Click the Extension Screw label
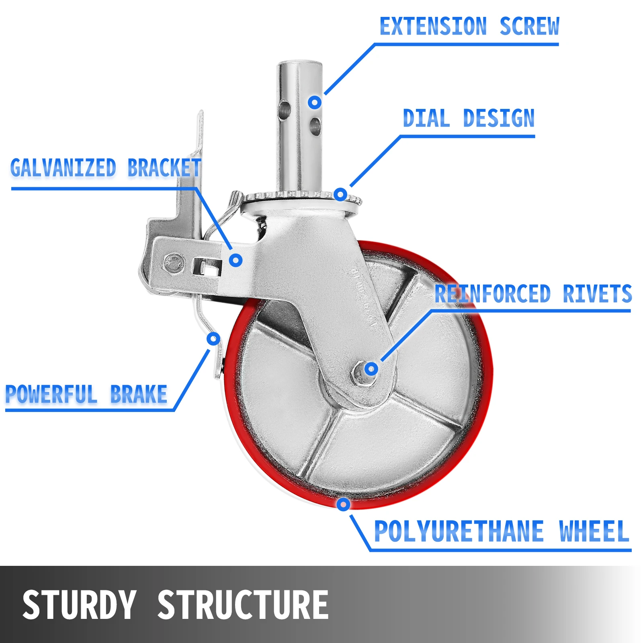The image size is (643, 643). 469,27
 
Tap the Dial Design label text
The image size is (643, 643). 469,119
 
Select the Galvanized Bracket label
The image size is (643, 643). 105,168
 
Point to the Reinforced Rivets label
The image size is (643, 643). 533,294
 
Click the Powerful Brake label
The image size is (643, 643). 86,394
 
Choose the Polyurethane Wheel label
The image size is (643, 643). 501,531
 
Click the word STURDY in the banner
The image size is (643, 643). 79,604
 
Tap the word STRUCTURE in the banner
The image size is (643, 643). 243,604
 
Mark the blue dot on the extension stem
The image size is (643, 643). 315,102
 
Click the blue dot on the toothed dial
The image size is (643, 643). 340,195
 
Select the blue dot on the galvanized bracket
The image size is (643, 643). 236,260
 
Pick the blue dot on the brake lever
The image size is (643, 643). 213,339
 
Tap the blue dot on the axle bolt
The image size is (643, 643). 371,369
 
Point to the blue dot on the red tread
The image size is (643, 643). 343,504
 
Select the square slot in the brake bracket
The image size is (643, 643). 207,267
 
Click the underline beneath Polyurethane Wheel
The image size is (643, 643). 500,550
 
